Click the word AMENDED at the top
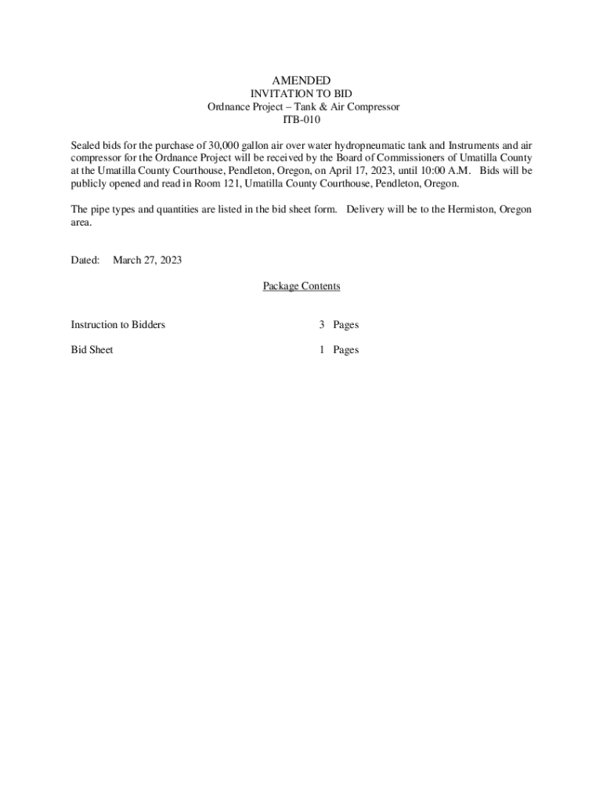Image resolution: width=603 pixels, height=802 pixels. [x=301, y=81]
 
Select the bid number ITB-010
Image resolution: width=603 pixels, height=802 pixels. [x=301, y=120]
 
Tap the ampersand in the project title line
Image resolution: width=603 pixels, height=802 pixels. [x=319, y=107]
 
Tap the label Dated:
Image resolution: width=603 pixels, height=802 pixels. [x=85, y=260]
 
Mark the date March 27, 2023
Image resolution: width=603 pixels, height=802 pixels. [x=147, y=260]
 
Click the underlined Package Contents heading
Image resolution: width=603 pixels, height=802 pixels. [x=301, y=286]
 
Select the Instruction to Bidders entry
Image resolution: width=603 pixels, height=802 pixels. [x=118, y=324]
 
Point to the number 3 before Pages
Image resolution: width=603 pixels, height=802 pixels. [x=322, y=324]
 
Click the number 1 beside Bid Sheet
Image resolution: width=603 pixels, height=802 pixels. [x=322, y=350]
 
